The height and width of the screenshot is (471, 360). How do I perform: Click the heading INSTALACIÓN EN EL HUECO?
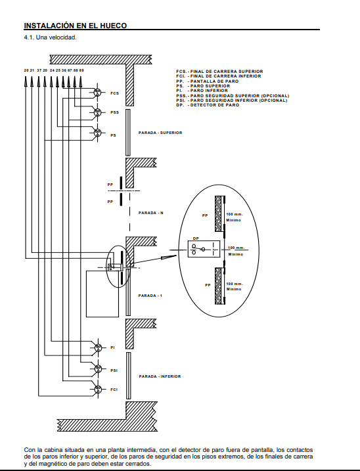point(76,26)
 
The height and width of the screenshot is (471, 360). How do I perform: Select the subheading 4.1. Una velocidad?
point(50,37)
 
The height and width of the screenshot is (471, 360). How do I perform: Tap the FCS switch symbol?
point(97,93)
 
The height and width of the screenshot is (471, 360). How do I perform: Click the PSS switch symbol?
point(97,112)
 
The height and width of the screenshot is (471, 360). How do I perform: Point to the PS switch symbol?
point(97,132)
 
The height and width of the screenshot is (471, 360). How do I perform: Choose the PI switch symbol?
point(98,348)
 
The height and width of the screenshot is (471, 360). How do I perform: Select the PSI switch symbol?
point(98,369)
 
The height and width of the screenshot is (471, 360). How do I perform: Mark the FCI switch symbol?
point(98,390)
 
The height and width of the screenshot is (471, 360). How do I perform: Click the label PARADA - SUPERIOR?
point(160,133)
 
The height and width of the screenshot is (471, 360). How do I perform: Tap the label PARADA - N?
point(151,213)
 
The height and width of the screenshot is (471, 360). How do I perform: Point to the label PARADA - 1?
point(150,296)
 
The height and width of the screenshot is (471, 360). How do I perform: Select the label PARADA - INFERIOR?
point(160,376)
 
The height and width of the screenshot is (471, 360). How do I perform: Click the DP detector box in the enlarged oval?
point(204,249)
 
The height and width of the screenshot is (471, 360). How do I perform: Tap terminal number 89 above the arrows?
point(81,70)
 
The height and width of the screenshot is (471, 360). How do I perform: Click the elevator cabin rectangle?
point(102,294)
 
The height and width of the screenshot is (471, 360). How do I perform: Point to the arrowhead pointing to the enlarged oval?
point(169,257)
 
